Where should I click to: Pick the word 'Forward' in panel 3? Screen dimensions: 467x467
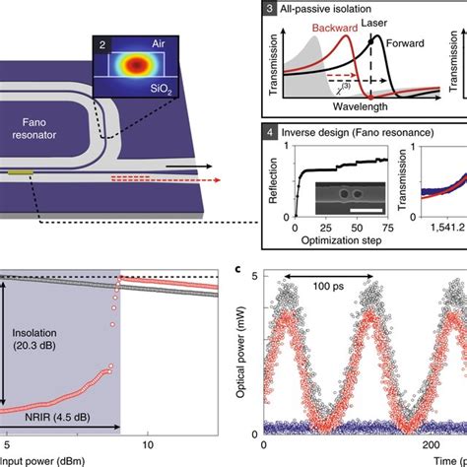pyautogui.click(x=418, y=42)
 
